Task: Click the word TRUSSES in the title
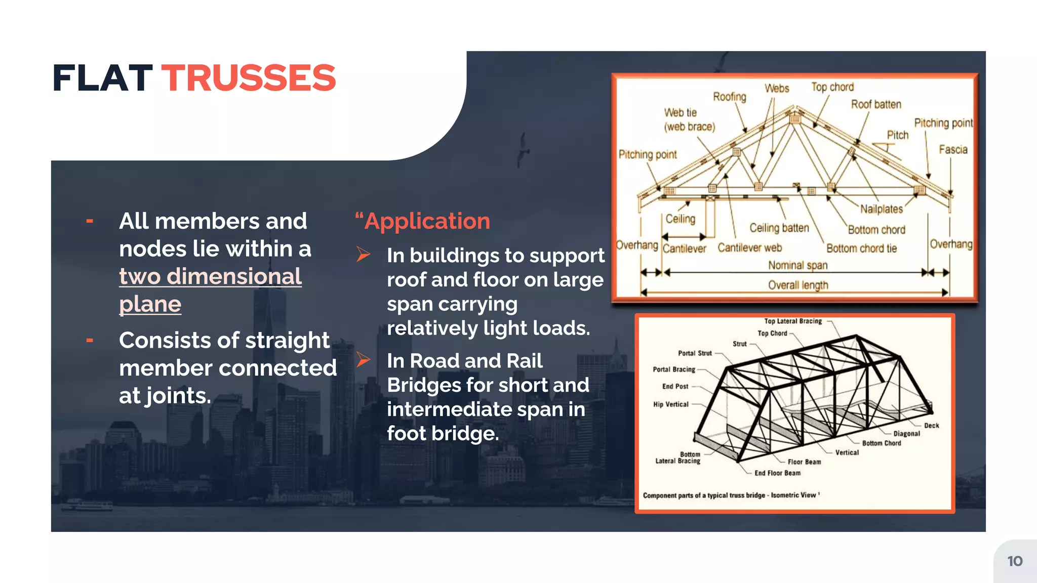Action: click(249, 78)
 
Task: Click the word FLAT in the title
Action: click(102, 78)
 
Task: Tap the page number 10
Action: click(1015, 561)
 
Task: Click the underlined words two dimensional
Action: click(210, 276)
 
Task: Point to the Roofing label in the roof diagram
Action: click(729, 96)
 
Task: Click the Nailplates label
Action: click(881, 209)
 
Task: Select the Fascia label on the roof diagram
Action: click(953, 149)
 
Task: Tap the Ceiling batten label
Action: click(779, 228)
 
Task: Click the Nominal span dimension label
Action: click(797, 265)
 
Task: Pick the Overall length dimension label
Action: click(798, 285)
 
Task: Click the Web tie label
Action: click(681, 112)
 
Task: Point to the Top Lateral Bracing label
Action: click(793, 321)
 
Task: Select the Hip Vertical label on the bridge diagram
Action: click(670, 404)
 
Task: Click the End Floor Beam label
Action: click(777, 473)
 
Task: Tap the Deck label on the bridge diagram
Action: click(931, 426)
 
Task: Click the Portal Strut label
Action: click(695, 353)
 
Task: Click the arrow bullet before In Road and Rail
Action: click(363, 359)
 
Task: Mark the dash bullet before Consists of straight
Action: click(90, 341)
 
